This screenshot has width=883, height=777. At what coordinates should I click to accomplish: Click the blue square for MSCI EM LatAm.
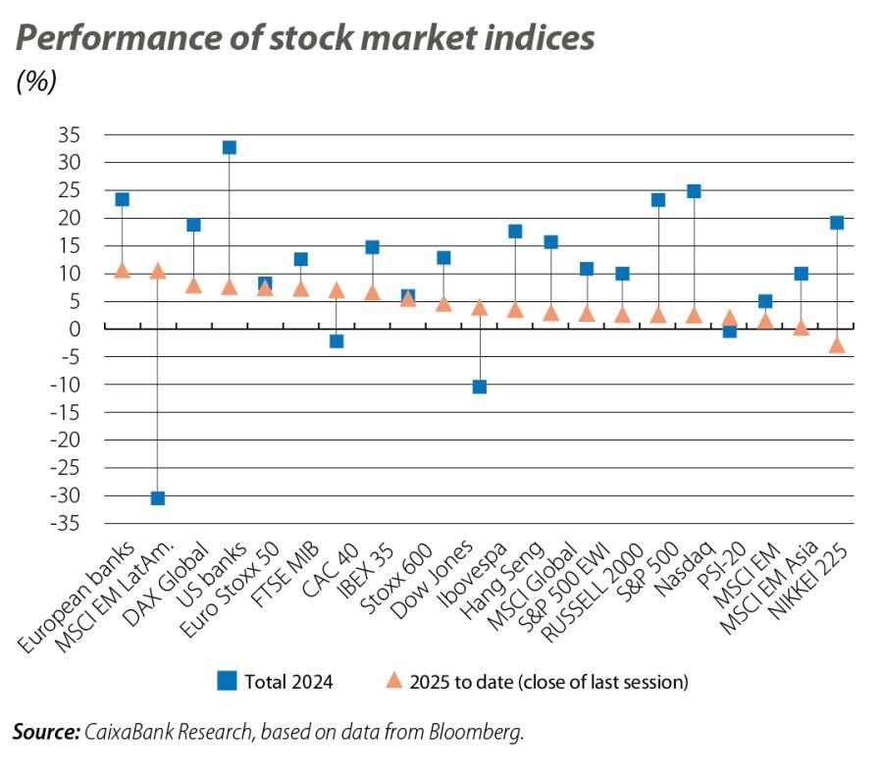click(158, 498)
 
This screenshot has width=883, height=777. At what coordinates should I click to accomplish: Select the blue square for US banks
click(230, 147)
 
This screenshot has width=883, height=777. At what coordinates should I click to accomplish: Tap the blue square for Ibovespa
click(515, 232)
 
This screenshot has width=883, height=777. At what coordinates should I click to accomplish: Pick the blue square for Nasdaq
click(694, 190)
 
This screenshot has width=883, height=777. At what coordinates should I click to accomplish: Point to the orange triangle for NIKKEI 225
click(836, 344)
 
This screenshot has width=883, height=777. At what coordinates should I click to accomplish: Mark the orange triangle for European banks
click(123, 270)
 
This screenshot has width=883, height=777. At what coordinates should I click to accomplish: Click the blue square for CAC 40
click(337, 340)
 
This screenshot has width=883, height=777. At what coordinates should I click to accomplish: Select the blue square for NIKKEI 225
click(836, 223)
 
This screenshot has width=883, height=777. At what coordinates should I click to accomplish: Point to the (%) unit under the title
click(36, 82)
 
